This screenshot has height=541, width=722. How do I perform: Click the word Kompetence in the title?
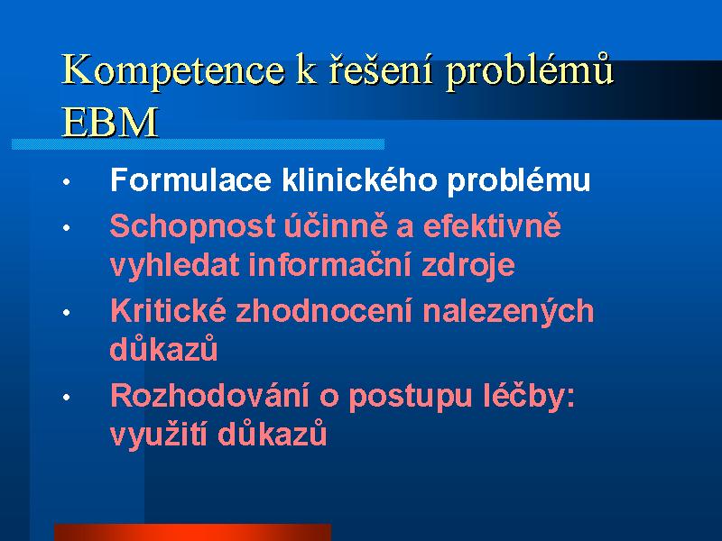coord(172,71)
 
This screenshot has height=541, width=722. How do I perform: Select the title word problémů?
coord(531,71)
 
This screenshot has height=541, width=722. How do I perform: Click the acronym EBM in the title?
coord(109,123)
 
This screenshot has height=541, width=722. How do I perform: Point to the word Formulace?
coord(190,179)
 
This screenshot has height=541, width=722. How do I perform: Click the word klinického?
coord(359,179)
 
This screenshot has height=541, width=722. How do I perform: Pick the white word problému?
coord(519,180)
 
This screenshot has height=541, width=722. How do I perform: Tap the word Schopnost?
coord(192,226)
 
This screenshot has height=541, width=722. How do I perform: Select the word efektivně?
coord(492,225)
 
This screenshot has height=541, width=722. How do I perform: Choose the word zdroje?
coord(468,267)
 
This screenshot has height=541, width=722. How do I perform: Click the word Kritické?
coord(169,310)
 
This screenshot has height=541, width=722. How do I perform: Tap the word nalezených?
coord(508,310)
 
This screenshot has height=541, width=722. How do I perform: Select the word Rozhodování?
coord(209,396)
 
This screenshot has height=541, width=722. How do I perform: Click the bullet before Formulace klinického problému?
coord(67,182)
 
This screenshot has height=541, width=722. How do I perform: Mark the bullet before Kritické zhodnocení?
coord(67,313)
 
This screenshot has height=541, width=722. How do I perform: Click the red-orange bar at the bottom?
coord(192,532)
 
